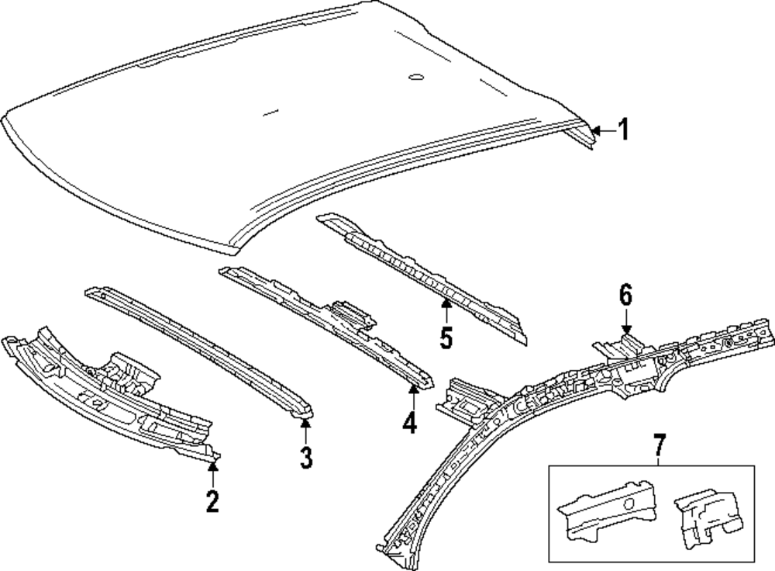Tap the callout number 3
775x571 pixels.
306,458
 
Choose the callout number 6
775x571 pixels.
625,295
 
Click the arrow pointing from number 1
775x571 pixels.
601,130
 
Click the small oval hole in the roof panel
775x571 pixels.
415,77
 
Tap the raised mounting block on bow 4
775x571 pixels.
353,312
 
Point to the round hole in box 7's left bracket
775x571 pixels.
628,504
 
